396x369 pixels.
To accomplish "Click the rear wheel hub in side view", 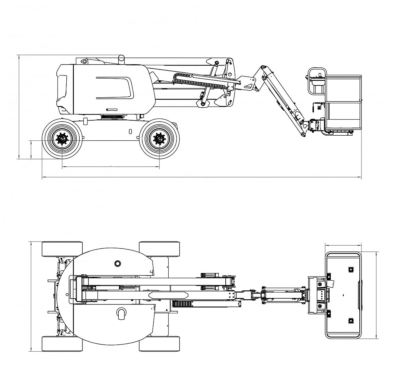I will click(x=62, y=138).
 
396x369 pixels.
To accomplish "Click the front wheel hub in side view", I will click(x=159, y=138).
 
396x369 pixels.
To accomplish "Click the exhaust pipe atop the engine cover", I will click(x=121, y=59).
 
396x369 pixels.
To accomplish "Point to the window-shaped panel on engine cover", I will click(x=115, y=88).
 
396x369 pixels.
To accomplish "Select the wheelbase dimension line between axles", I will click(x=111, y=167).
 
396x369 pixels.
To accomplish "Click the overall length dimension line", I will click(x=202, y=178).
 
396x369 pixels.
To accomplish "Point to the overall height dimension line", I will click(x=18, y=107).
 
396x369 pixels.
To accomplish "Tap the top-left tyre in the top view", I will click(x=62, y=249).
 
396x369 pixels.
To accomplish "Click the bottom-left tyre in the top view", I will click(x=62, y=343).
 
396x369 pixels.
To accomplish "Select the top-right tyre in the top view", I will click(x=159, y=249).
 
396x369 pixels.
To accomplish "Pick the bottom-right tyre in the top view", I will click(x=159, y=343).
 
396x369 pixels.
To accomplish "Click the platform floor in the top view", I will click(x=343, y=295).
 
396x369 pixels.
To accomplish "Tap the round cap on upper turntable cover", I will click(x=118, y=263).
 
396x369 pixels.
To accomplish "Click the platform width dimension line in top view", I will click(x=343, y=245).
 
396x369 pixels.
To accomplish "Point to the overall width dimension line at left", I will click(x=31, y=296).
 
